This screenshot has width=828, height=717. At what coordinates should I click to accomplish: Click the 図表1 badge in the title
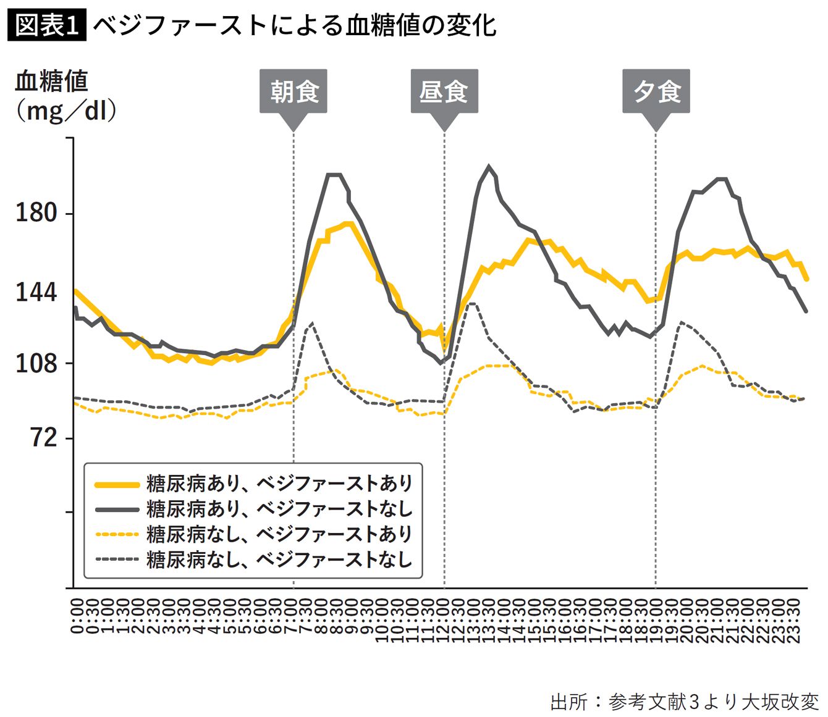46,25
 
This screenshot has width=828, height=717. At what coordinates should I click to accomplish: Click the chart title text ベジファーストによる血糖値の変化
294,25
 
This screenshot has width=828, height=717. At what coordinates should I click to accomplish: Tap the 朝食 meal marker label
294,92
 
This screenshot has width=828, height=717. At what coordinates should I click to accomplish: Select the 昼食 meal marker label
444,92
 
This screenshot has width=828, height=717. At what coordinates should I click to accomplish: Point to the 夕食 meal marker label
656,92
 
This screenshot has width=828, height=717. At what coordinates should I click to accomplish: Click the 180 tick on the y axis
36,213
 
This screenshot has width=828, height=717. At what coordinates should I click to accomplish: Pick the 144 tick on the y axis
36,291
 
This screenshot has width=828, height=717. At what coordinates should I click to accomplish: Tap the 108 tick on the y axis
36,363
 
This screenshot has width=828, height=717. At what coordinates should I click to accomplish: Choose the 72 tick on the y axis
43,438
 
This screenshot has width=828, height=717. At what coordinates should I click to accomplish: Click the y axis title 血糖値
52,81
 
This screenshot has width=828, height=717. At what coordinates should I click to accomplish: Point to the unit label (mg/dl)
65,111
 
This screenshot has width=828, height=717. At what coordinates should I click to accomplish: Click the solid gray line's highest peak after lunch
489,166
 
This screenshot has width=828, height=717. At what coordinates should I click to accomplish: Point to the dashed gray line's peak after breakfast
313,323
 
